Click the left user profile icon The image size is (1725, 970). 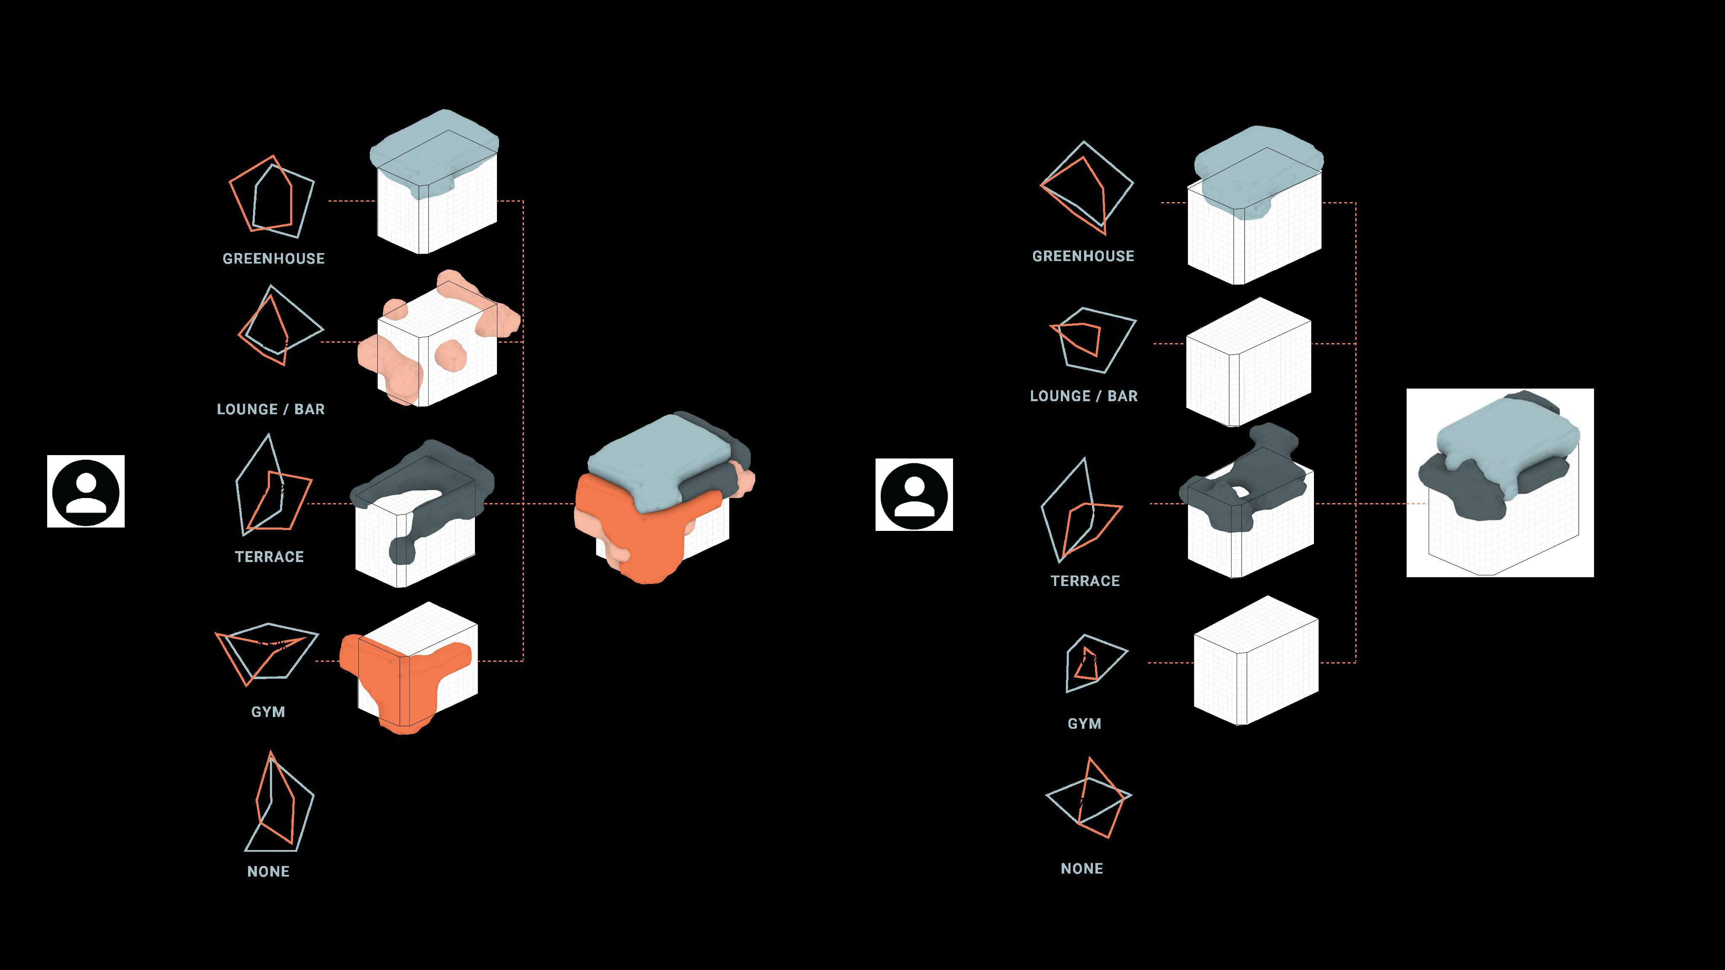click(x=86, y=491)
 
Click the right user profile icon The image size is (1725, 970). click(x=914, y=495)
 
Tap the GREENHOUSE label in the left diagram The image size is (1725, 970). click(x=273, y=258)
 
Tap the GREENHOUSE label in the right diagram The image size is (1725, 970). click(x=1083, y=256)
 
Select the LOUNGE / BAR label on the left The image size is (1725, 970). click(x=270, y=409)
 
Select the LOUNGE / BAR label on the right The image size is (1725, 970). click(x=1084, y=396)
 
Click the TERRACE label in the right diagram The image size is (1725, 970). click(x=1085, y=581)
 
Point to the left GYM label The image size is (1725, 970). click(x=268, y=712)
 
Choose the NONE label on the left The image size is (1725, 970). click(x=268, y=871)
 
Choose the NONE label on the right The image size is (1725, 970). click(x=1081, y=868)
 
